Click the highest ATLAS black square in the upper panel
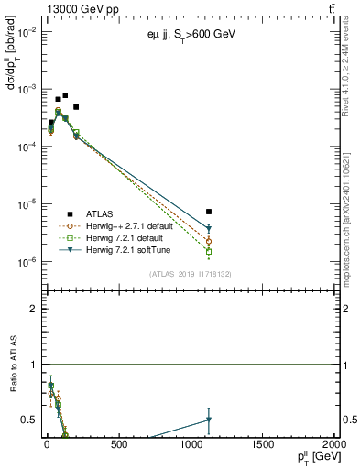click(65, 95)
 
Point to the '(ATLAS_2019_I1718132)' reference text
click(191, 273)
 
